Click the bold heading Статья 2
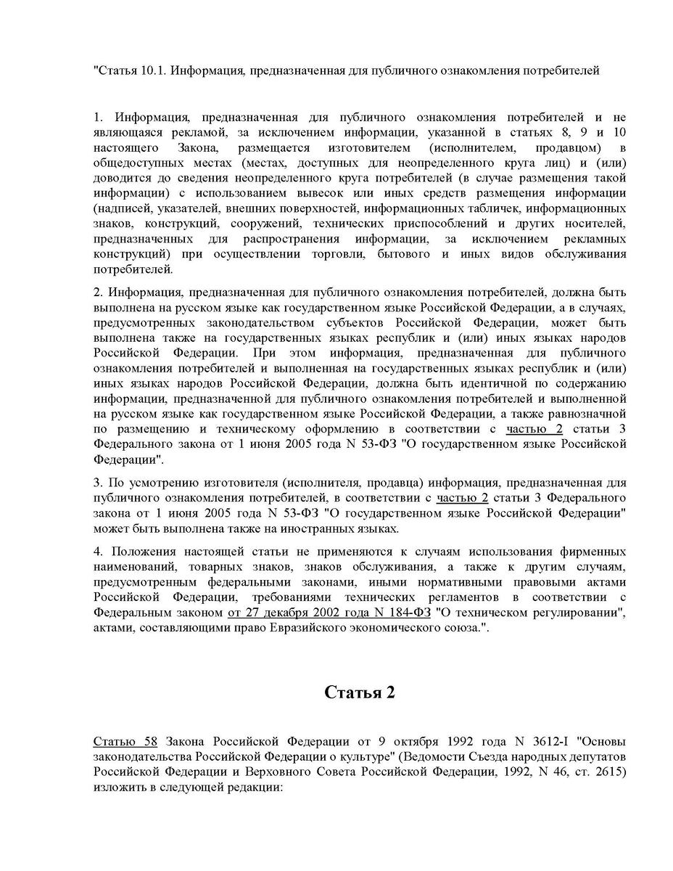359,692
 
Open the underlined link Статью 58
125,742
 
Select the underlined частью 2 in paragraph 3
462,499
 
